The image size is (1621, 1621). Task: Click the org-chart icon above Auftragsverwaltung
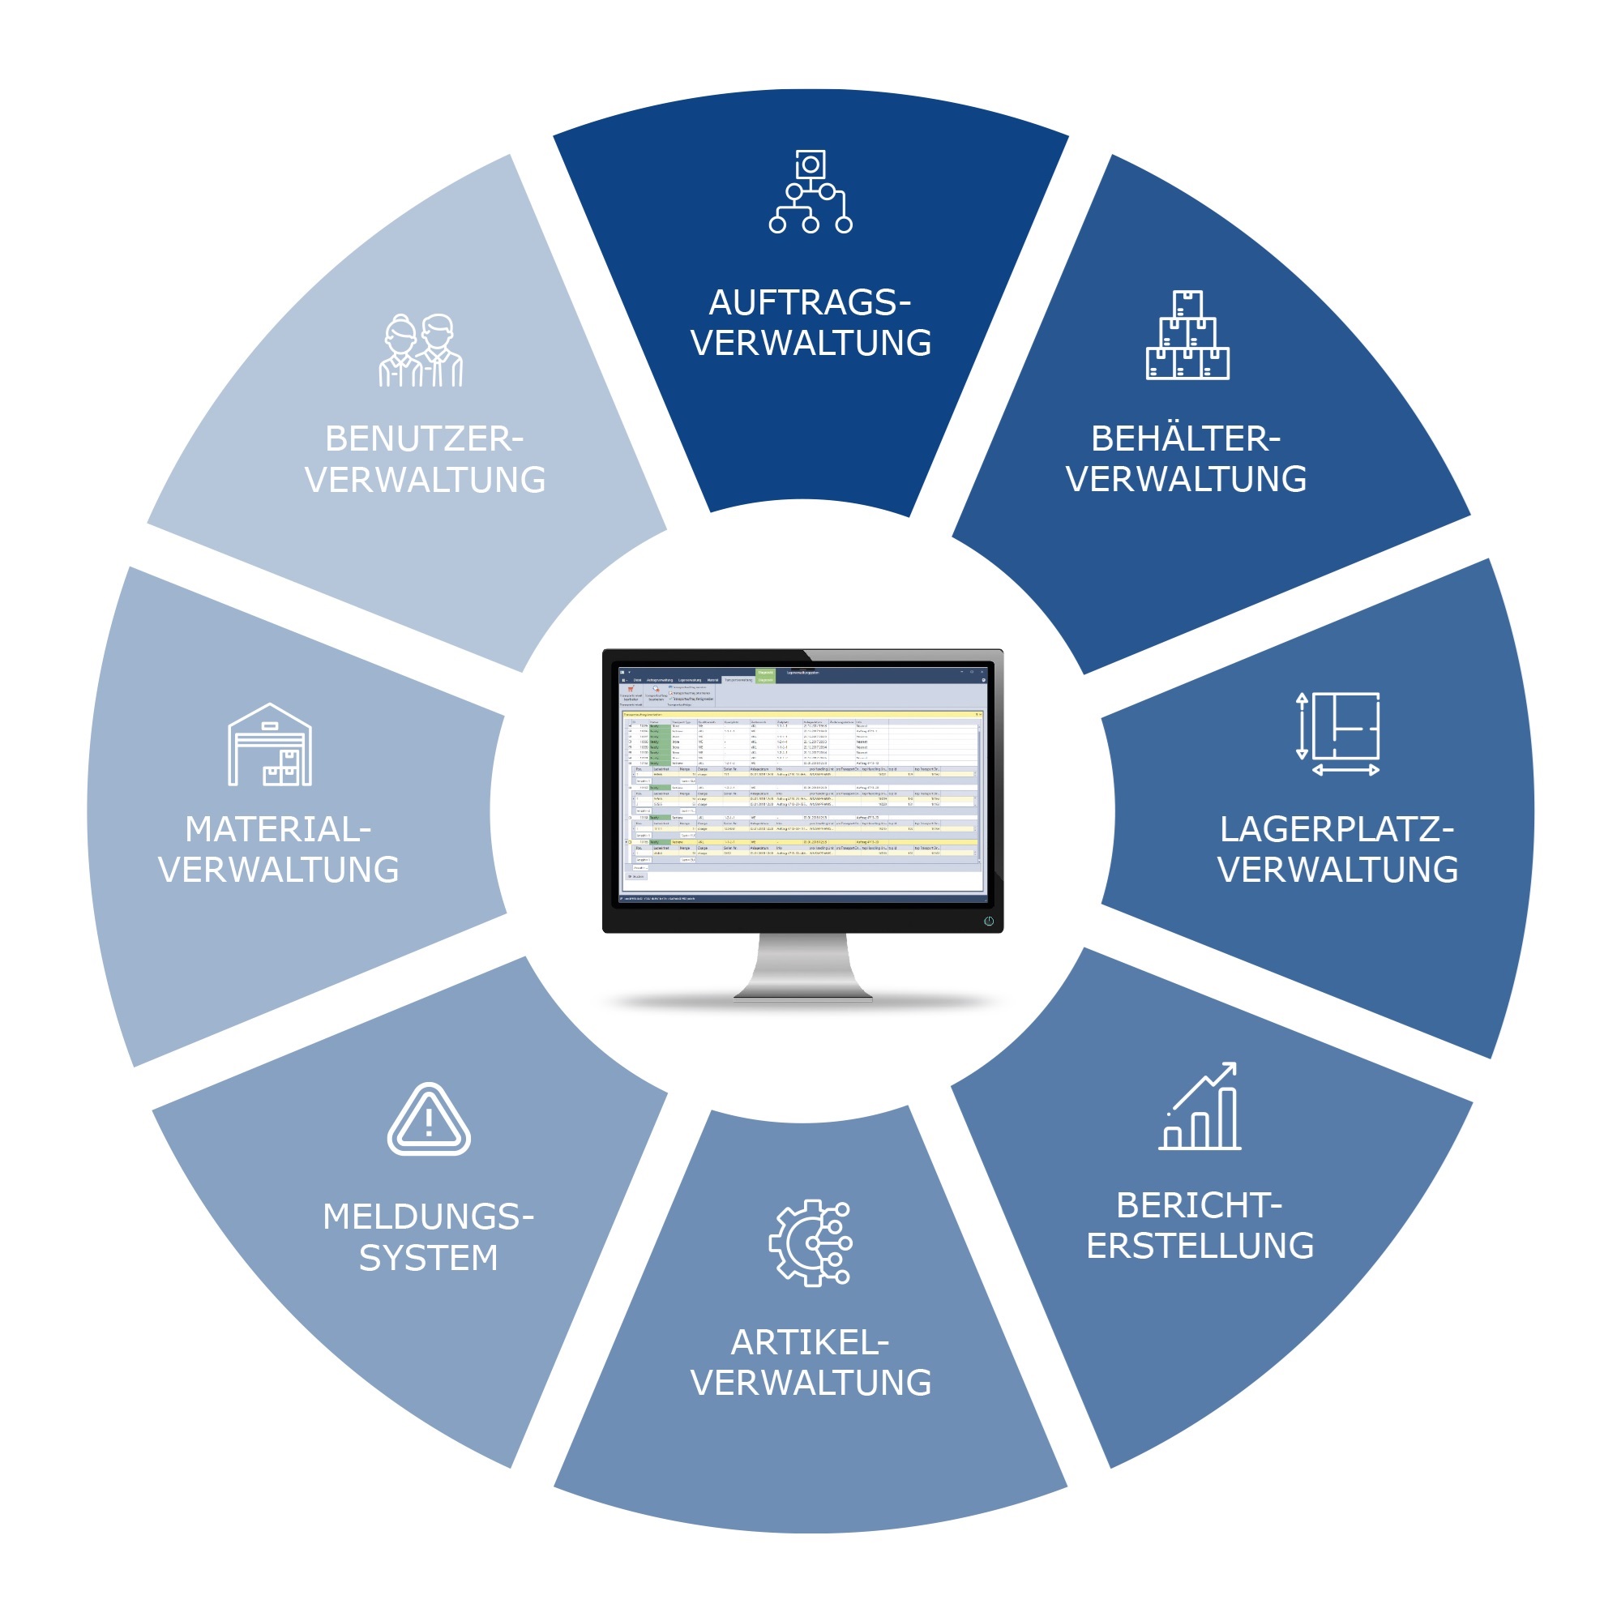click(x=810, y=191)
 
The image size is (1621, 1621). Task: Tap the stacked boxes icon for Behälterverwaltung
click(x=1187, y=336)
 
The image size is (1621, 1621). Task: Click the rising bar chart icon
click(x=1200, y=1107)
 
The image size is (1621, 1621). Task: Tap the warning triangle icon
click(x=429, y=1121)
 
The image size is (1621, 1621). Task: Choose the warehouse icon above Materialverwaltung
click(x=269, y=745)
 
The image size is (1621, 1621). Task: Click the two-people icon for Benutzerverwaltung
click(x=421, y=351)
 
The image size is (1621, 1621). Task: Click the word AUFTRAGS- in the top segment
click(x=810, y=303)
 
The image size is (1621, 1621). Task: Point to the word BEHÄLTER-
click(x=1186, y=438)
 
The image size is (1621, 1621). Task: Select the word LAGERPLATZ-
click(x=1337, y=830)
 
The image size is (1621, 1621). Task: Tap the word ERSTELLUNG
click(x=1200, y=1246)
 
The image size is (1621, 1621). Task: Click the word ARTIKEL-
click(x=810, y=1342)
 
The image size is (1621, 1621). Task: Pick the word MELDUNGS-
click(x=428, y=1217)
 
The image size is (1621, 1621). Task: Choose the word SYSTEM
click(x=428, y=1258)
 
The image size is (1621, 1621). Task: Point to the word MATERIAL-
click(x=278, y=830)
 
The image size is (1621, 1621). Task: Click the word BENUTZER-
click(x=424, y=438)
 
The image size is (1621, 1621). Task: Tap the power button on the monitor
click(x=989, y=922)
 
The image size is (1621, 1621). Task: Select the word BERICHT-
click(x=1199, y=1206)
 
